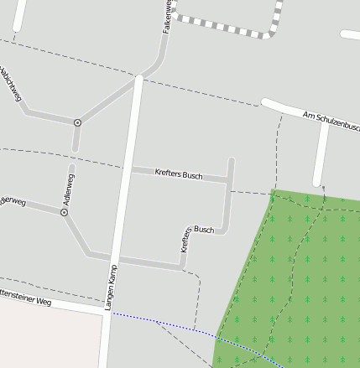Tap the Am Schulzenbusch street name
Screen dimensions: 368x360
coord(331,122)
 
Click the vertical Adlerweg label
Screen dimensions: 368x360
coord(69,190)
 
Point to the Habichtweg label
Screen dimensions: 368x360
coord(9,84)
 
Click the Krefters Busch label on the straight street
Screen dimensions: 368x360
coord(180,174)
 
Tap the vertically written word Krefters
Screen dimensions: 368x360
coord(185,240)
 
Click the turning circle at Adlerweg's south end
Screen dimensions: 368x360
coord(64,213)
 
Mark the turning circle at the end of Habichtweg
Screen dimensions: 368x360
coord(77,122)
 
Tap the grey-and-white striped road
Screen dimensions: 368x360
coord(227,29)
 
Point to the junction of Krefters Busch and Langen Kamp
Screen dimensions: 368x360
coord(129,170)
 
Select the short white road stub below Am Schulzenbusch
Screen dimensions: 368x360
coord(321,155)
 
